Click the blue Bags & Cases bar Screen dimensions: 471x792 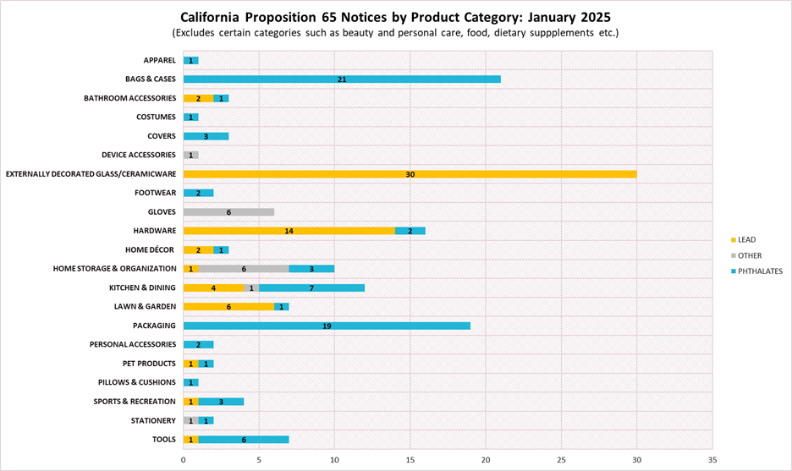click(342, 79)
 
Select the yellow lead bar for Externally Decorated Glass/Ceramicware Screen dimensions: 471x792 click(410, 174)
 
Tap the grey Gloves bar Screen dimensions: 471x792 click(228, 212)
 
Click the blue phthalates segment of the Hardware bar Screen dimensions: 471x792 click(410, 231)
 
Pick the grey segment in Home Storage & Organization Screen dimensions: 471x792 click(244, 269)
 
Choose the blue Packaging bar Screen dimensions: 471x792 click(327, 326)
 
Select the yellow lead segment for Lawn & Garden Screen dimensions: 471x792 click(228, 306)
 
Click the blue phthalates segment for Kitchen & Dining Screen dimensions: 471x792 click(311, 288)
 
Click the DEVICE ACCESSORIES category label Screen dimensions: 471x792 click(138, 155)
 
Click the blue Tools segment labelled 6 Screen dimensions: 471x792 click(244, 439)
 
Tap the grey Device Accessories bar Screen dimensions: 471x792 click(191, 155)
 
